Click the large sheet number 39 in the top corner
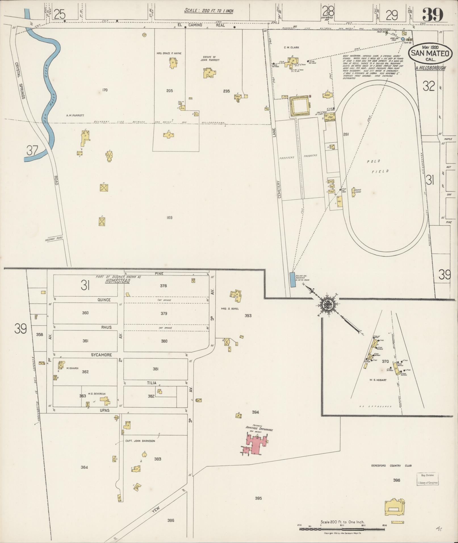pyautogui.click(x=433, y=14)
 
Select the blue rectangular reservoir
pyautogui.click(x=292, y=280)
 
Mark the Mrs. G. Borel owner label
pyautogui.click(x=230, y=309)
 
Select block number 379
pyautogui.click(x=164, y=314)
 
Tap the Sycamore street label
pyautogui.click(x=101, y=355)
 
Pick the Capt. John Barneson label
pyautogui.click(x=140, y=449)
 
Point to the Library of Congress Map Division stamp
pyautogui.click(x=427, y=479)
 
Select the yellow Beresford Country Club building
pyautogui.click(x=394, y=507)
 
